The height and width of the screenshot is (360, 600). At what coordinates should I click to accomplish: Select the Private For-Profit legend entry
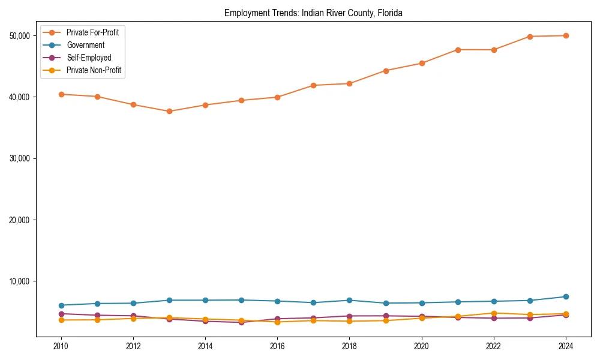(92, 32)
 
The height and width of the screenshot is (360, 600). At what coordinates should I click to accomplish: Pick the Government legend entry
(85, 45)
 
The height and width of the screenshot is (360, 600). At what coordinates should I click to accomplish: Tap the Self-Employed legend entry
(89, 58)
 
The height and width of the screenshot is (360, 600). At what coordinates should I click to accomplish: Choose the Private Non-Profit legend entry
(94, 70)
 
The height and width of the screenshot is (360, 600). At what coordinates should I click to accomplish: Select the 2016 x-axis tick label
(277, 346)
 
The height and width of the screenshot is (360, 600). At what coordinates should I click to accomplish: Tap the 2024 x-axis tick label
(566, 346)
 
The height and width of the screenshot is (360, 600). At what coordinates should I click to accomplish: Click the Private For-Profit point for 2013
(169, 111)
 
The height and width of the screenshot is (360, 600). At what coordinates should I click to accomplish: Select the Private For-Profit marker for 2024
(566, 35)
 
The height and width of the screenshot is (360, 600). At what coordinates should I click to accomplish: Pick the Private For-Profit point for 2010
(61, 94)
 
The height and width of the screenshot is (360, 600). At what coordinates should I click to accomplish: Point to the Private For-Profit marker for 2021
(458, 50)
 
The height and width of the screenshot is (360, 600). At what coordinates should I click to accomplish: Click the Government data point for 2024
(566, 296)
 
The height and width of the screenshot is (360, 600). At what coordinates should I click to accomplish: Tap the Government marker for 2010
(61, 305)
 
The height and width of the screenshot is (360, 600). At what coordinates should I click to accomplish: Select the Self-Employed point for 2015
(241, 322)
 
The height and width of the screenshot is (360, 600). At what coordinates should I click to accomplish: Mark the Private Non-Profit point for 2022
(494, 313)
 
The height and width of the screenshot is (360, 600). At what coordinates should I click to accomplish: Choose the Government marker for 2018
(349, 300)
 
